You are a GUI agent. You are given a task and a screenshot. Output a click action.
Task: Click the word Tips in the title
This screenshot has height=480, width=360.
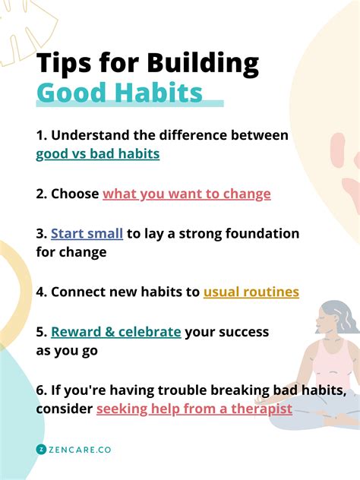click(64, 62)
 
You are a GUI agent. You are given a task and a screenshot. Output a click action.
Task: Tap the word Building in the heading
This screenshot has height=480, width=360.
click(203, 64)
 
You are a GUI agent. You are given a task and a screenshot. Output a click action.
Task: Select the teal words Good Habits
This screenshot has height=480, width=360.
click(119, 92)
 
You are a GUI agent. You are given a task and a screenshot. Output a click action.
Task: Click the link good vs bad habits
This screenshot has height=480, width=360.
click(98, 154)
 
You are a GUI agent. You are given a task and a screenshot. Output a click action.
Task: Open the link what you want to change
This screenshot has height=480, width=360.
click(186, 194)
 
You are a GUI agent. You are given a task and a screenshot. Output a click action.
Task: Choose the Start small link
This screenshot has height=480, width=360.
click(87, 234)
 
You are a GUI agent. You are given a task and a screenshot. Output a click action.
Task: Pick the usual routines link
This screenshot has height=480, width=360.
click(251, 292)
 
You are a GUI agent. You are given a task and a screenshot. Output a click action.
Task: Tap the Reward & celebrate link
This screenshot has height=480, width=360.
click(115, 332)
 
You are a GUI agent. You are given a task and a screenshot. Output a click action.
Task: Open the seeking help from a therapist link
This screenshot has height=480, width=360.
click(194, 409)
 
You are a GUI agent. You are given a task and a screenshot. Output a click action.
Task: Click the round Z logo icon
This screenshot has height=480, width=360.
click(41, 450)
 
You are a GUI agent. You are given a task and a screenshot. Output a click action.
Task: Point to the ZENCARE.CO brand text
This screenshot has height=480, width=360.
click(80, 450)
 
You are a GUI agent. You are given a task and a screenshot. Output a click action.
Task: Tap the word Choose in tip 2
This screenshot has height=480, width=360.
click(74, 194)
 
